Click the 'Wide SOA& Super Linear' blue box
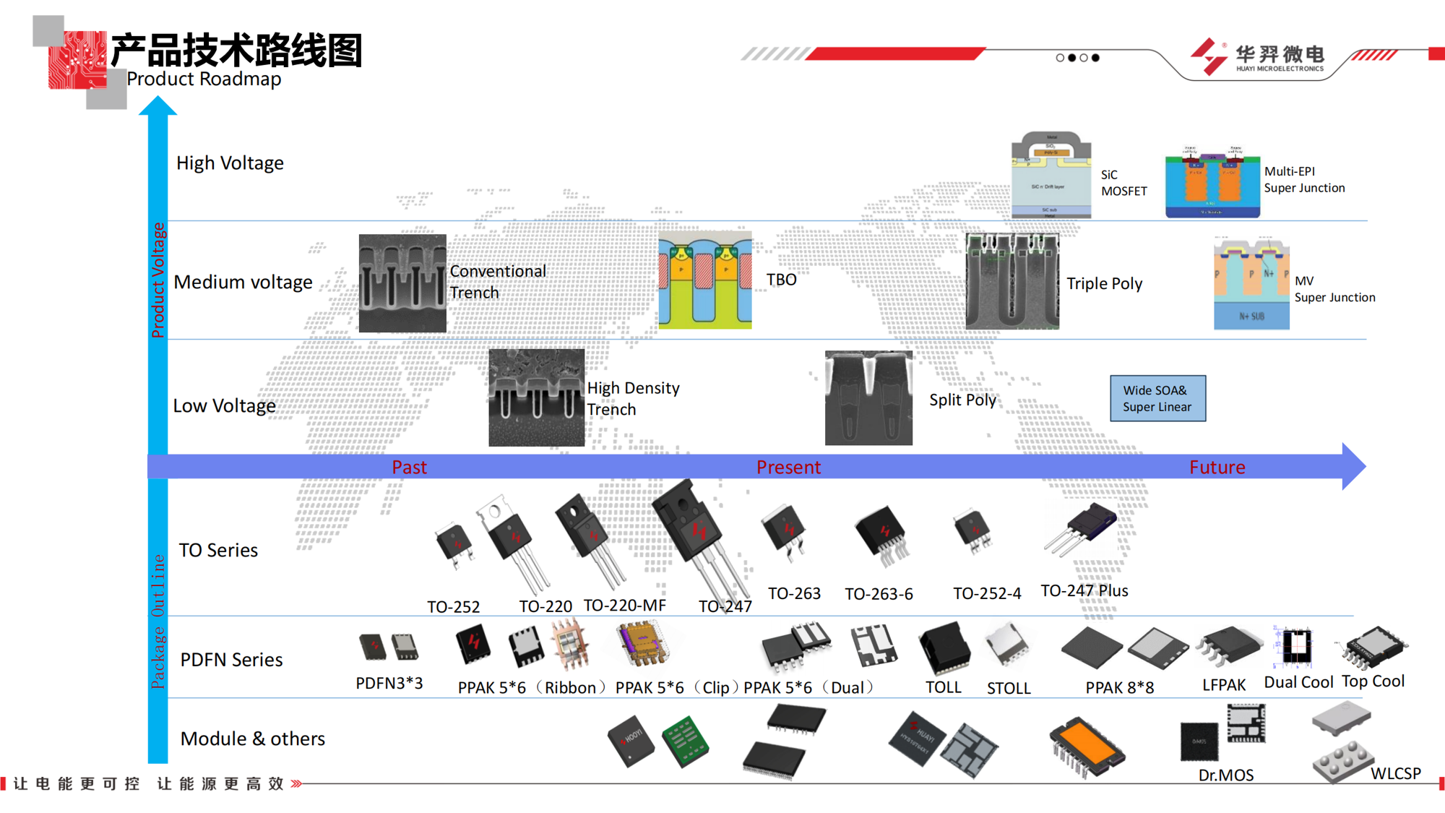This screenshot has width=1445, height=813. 1157,398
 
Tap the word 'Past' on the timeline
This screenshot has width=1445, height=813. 409,468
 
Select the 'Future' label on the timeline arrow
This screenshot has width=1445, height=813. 1217,468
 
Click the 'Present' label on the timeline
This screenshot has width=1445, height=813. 788,468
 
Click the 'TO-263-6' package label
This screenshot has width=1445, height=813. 879,594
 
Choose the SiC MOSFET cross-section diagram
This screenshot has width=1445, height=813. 1051,175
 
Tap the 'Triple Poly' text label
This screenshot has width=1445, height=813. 1104,284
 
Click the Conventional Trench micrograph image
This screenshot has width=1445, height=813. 402,283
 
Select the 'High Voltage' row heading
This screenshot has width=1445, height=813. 230,163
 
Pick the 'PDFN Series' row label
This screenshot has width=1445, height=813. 231,660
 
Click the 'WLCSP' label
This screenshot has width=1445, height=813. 1395,774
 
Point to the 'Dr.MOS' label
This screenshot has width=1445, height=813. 1225,775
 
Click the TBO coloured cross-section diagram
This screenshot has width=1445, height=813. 705,280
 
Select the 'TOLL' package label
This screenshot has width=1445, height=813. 943,687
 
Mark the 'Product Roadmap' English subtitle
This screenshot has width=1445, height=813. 204,79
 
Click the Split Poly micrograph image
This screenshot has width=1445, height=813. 868,398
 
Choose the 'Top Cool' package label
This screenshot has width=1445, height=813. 1373,681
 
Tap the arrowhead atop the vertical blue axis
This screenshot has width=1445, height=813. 158,106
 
